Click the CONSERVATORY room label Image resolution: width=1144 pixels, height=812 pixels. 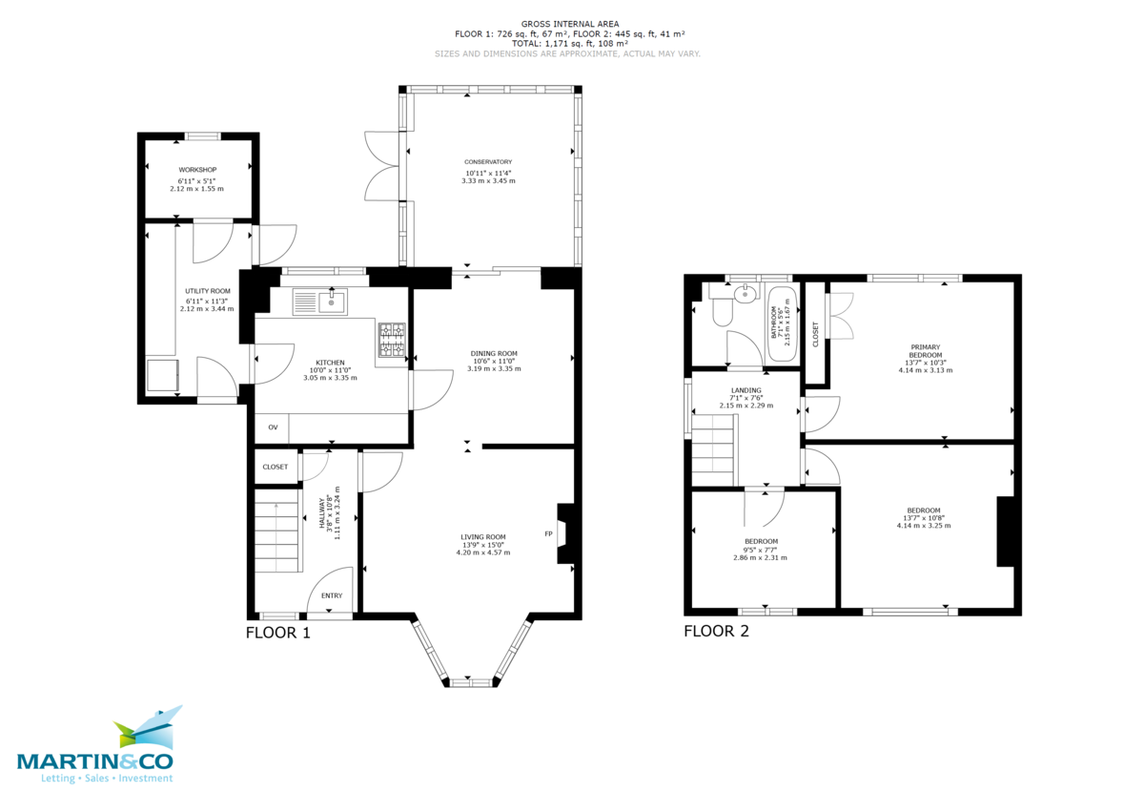click(x=488, y=162)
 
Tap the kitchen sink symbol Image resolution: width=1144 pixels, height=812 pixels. click(x=320, y=302)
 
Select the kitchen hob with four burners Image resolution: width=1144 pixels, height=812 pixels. click(x=393, y=341)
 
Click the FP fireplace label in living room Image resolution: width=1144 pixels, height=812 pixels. click(x=548, y=533)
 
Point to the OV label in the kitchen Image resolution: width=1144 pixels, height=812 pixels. click(x=273, y=427)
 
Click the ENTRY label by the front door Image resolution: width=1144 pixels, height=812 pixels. click(x=332, y=595)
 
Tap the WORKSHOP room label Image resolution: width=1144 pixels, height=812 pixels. click(x=196, y=170)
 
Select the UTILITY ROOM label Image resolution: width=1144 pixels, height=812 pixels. click(x=208, y=291)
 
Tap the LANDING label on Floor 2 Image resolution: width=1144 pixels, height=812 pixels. click(x=746, y=389)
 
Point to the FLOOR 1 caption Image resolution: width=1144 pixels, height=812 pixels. click(x=277, y=633)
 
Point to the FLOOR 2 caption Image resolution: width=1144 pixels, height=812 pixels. click(x=716, y=632)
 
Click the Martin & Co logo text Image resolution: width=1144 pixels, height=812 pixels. click(x=95, y=760)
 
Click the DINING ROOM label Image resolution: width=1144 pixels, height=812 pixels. click(x=494, y=353)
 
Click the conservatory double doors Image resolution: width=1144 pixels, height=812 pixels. click(x=379, y=165)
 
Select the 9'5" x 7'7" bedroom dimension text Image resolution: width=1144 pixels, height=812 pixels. click(x=761, y=550)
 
